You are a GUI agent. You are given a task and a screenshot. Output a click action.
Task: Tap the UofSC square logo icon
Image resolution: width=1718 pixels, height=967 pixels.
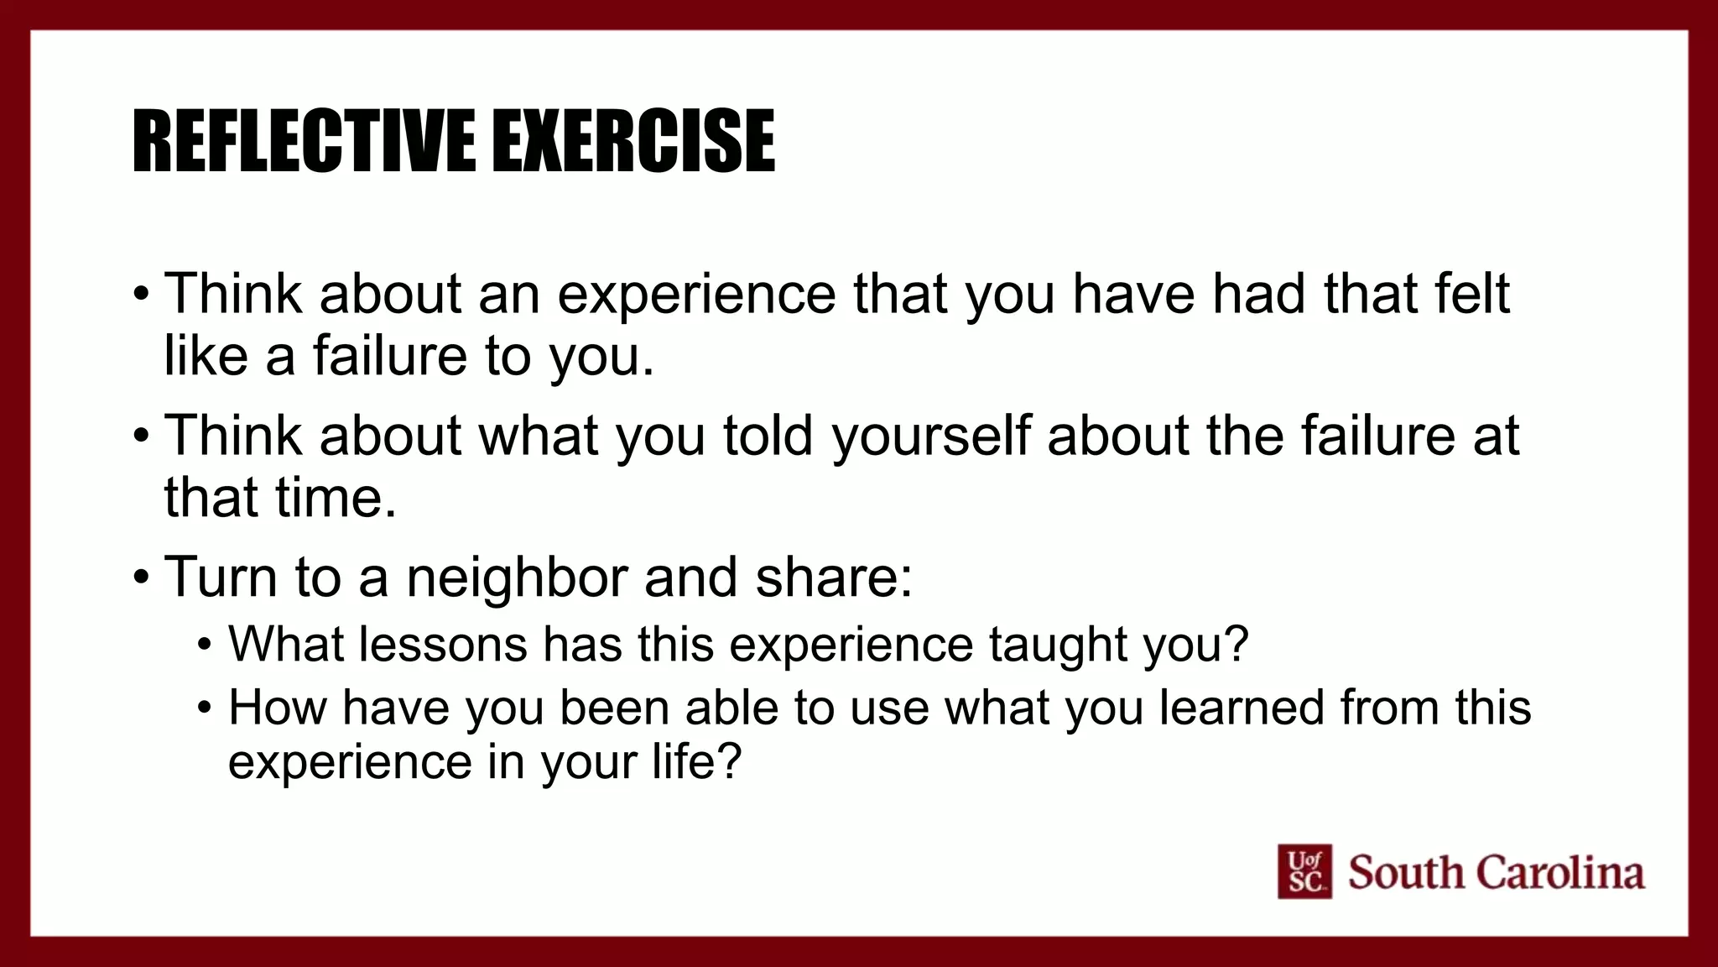point(1304,871)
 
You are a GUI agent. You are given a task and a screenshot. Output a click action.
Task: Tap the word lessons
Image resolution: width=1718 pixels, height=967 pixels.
point(444,644)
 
